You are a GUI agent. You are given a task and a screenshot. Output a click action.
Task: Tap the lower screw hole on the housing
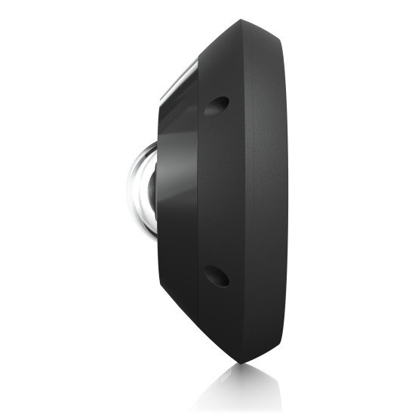point(218,277)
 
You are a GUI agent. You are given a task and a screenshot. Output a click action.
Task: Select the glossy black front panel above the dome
point(177,121)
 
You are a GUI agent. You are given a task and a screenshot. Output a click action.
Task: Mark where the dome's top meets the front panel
point(154,141)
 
